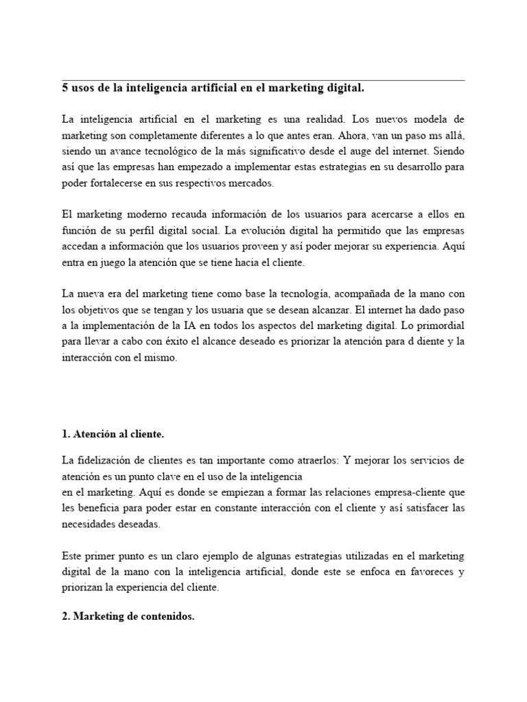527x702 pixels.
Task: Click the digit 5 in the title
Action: [x=65, y=88]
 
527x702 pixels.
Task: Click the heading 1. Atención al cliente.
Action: [x=113, y=435]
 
